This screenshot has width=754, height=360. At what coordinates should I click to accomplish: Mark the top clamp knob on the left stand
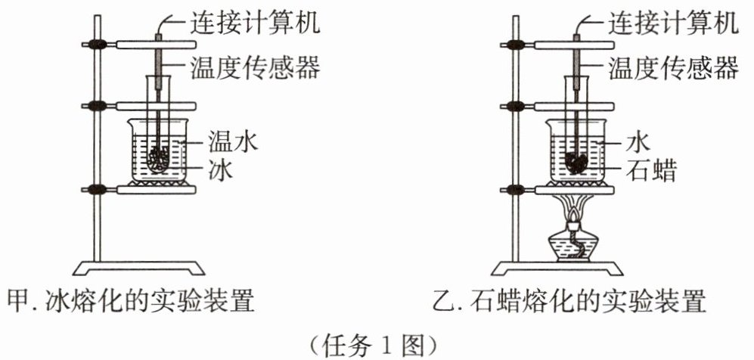pyautogui.click(x=96, y=45)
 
